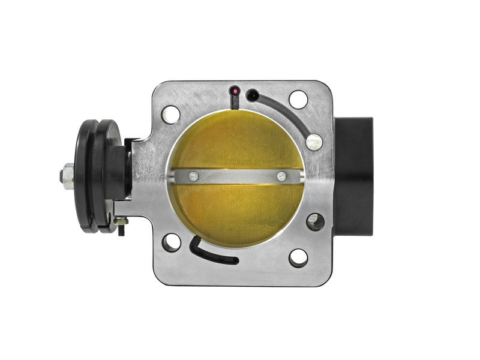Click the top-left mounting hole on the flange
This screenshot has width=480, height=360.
170,113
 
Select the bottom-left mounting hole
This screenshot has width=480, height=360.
170,242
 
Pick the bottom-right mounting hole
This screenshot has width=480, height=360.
298,257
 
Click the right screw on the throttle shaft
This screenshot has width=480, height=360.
281,176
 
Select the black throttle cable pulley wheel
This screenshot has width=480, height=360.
96,171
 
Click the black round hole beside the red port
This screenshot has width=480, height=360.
252,94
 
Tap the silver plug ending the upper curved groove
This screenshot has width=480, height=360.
313,141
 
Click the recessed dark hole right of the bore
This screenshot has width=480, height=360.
314,222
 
